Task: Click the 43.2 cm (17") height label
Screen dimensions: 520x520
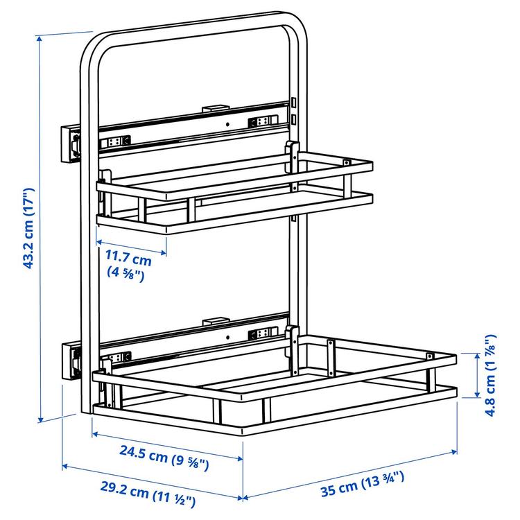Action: (x=28, y=227)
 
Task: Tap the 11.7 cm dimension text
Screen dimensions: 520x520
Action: (x=128, y=260)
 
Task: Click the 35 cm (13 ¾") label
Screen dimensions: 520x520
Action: (x=362, y=485)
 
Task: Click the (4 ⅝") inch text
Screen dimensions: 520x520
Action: (x=125, y=274)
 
